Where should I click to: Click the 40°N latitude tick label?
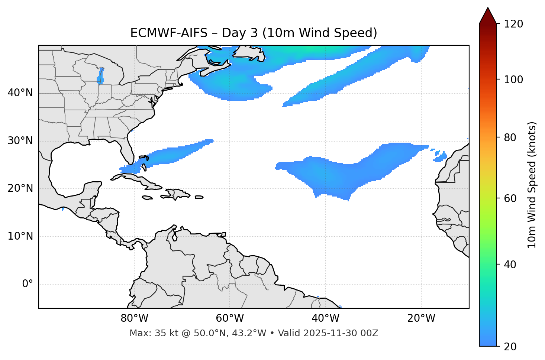(20, 93)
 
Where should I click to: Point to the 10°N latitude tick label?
(20, 236)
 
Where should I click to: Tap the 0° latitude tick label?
(28, 284)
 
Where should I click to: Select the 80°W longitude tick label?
(134, 318)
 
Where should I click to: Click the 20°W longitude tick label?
(421, 318)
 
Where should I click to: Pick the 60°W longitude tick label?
(230, 318)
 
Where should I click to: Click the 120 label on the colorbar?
(514, 24)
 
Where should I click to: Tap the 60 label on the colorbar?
(509, 198)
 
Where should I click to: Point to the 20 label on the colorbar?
(509, 347)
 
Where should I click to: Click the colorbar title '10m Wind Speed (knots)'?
(532, 185)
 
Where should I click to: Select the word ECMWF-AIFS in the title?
(169, 33)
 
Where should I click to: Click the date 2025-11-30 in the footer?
(328, 333)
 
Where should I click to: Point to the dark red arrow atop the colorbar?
(488, 16)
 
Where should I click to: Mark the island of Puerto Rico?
(199, 197)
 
